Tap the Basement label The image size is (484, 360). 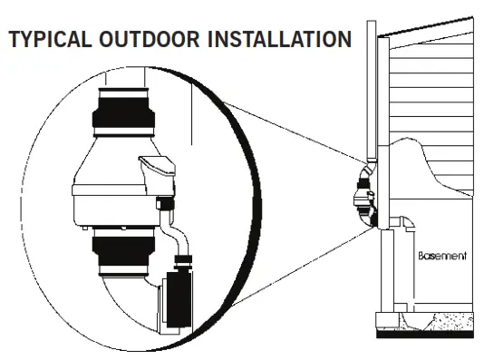pyautogui.click(x=442, y=257)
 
